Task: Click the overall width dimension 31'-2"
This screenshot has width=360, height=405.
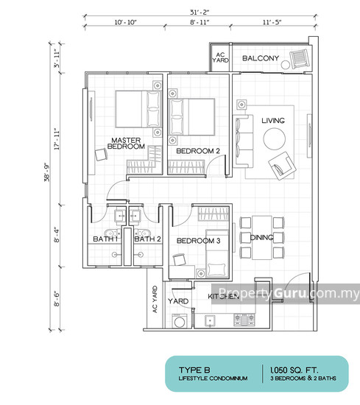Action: [200, 12]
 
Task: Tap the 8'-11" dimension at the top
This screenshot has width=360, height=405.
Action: [200, 22]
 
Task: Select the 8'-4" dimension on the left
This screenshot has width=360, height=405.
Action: [57, 235]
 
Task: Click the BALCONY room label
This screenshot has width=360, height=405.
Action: [261, 58]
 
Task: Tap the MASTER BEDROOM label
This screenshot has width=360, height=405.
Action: [126, 144]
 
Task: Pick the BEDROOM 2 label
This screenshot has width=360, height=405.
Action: [198, 151]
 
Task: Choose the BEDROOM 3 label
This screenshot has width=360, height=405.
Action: [198, 241]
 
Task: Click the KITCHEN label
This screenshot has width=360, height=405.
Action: [224, 296]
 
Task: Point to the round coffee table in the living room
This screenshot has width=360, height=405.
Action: [275, 138]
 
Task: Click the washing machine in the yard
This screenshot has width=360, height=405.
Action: [179, 321]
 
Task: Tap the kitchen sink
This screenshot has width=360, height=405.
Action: [210, 321]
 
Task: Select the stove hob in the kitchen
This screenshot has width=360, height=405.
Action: [244, 320]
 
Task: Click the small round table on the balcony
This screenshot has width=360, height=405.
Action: [286, 65]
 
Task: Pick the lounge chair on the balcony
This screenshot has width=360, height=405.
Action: [300, 59]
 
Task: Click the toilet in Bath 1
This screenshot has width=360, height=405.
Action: [112, 232]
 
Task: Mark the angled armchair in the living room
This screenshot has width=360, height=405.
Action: [282, 166]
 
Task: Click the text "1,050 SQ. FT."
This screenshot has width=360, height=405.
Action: [294, 370]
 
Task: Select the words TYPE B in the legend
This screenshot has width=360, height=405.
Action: [194, 370]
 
